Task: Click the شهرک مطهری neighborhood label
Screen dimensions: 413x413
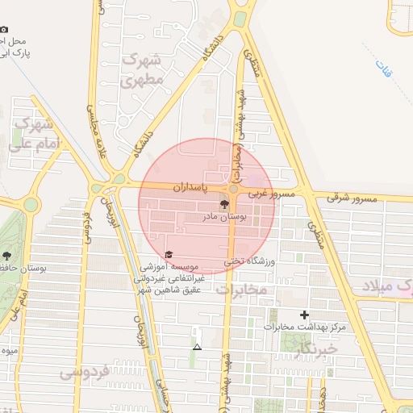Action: (x=143, y=69)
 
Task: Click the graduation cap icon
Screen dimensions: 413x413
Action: (x=168, y=255)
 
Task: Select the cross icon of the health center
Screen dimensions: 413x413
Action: (x=304, y=314)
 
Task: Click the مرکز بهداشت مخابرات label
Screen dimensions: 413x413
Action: (x=304, y=327)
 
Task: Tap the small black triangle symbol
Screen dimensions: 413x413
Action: (x=197, y=347)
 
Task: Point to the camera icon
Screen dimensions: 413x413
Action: (x=4, y=30)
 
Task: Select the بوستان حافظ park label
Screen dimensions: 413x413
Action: (x=23, y=267)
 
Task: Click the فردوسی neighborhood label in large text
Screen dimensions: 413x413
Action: (x=84, y=373)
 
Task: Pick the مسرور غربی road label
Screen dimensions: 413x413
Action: (x=271, y=194)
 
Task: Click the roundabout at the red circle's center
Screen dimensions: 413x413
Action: (x=233, y=189)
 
